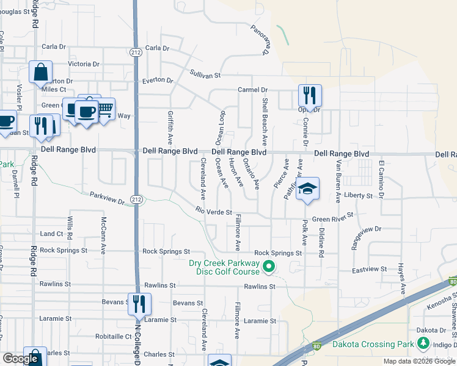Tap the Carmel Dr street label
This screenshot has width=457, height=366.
point(253,90)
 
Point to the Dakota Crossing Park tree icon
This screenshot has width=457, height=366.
point(422,345)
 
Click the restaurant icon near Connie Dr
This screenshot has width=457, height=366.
point(310,96)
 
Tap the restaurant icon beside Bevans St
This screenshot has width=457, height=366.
point(139,303)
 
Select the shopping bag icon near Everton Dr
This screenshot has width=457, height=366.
point(40,73)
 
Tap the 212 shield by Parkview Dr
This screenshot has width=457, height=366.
point(136,199)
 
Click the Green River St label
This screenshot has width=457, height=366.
point(333,219)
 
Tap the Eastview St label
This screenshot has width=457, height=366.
point(370,269)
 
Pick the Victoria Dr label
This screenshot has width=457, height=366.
point(84,64)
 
